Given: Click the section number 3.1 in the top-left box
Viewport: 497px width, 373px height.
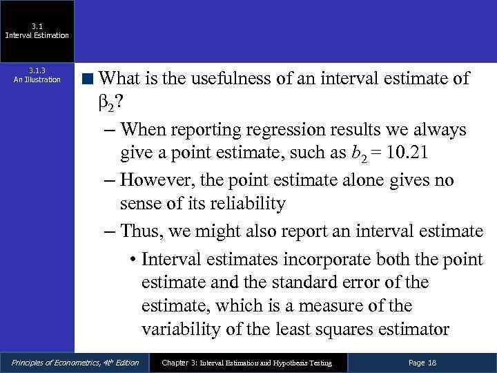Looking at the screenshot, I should click(37, 26).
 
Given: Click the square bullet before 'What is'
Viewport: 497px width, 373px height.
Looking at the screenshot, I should click(89, 79).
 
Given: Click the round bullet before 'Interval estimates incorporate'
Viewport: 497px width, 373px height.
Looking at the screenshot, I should click(132, 259).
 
